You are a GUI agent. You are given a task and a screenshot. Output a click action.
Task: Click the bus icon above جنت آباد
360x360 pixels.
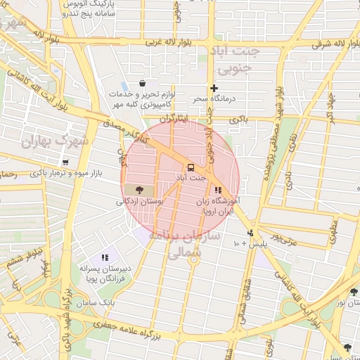coord(191,167)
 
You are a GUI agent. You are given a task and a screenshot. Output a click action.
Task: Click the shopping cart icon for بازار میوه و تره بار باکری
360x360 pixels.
coord(65,162)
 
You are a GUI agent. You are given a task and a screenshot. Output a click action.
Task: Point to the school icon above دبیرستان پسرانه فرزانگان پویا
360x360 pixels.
coord(105,258)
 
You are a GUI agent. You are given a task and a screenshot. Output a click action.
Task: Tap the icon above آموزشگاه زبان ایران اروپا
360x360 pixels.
coord(219,190)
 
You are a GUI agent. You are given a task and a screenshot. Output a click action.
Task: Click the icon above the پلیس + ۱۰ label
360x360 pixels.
coord(250,233)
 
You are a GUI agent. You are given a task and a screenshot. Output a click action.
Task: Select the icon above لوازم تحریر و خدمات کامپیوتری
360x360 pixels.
coord(143,83)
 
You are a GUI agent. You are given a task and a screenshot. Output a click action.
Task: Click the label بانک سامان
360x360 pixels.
coord(98,302)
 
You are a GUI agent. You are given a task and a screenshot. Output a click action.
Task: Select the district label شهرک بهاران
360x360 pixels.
coord(55,141)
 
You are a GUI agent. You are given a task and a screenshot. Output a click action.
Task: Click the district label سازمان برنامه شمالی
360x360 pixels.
coord(191,243)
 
